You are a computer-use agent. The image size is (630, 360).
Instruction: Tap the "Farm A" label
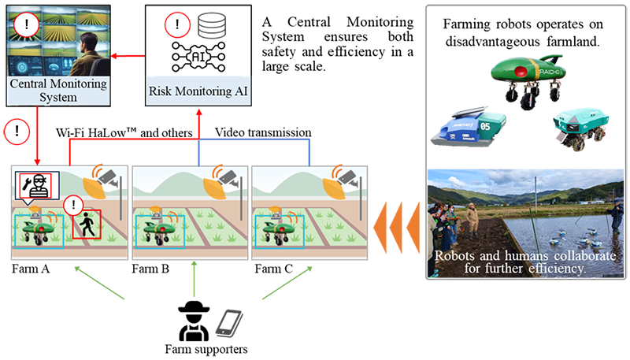[30, 269]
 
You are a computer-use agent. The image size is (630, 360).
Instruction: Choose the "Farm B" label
[150, 269]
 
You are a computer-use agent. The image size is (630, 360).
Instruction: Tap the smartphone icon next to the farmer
[227, 321]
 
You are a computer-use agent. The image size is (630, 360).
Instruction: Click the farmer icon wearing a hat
[192, 320]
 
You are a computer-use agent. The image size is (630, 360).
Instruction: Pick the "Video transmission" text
[263, 133]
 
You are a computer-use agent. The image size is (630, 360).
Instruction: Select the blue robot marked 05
[469, 128]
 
